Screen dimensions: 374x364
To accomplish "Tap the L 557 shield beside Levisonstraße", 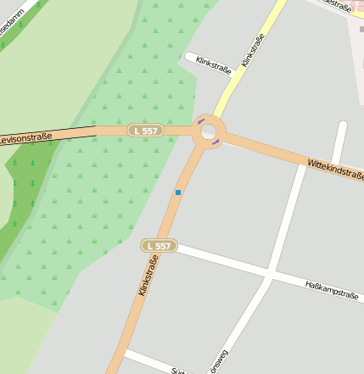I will coord(145,131).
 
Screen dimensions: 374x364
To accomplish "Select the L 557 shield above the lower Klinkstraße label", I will coord(158,246).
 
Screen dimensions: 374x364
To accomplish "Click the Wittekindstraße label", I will coord(335,169).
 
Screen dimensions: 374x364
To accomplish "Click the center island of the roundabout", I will coord(208,132).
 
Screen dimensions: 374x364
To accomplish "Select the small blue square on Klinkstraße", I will coord(178,193).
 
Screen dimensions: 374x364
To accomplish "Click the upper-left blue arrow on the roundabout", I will coord(200,121).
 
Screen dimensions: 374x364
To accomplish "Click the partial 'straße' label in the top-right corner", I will coord(339,5).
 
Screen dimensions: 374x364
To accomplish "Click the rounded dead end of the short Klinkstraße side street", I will coord(188,57).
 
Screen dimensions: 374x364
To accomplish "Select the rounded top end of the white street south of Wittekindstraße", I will coord(342,127).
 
